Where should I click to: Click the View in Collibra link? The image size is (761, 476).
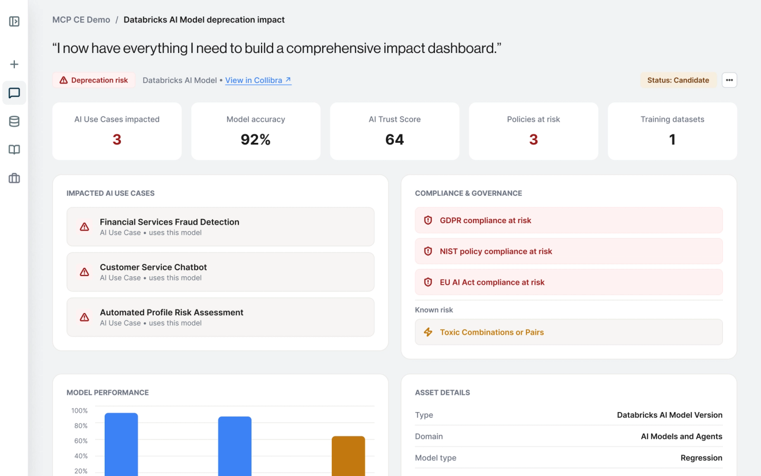point(258,80)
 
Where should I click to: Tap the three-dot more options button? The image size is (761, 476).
point(729,80)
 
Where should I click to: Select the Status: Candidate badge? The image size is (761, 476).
point(678,80)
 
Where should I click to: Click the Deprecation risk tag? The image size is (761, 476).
point(94,80)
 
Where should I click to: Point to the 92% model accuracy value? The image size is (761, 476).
point(255,140)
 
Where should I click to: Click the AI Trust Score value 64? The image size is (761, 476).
point(394,140)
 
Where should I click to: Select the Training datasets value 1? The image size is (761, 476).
point(672,140)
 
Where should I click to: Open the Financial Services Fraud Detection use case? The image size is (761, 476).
point(220,227)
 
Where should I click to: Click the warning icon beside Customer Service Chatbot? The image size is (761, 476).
point(84,272)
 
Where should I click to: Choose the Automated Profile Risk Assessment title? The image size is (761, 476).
point(172,313)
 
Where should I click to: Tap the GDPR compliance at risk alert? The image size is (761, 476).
point(569,221)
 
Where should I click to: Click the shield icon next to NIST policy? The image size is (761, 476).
point(428,251)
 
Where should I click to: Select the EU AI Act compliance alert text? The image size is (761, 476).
point(492,282)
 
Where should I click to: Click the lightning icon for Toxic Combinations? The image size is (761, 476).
point(428,332)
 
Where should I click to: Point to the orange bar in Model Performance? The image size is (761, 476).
point(348,456)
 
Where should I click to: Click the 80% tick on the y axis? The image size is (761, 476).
point(81,426)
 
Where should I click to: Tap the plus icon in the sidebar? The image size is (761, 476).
point(14,65)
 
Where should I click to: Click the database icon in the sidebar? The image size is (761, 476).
point(14,122)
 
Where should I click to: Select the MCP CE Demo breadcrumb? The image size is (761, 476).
point(81,20)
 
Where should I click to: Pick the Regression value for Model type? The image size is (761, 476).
point(701,458)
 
